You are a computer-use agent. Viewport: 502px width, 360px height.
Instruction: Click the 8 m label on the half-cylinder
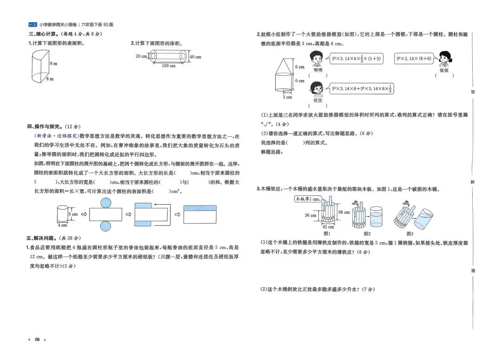pyautogui.click(x=53, y=64)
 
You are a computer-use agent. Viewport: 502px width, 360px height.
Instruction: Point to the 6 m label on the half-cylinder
pyautogui.click(x=50, y=79)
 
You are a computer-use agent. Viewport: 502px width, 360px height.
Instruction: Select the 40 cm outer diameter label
pyautogui.click(x=195, y=57)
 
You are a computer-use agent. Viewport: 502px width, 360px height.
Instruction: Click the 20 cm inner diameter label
pyautogui.click(x=141, y=56)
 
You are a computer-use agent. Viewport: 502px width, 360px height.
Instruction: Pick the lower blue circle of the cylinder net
pyautogui.click(x=105, y=227)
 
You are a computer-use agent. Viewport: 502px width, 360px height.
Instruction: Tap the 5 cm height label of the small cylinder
pyautogui.click(x=73, y=214)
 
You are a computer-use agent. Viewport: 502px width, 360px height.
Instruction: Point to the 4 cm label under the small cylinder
pyautogui.click(x=62, y=225)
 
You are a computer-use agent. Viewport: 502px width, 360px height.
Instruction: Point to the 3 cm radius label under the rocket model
pyautogui.click(x=288, y=97)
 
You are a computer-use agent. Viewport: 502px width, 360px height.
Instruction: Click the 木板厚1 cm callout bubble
pyautogui.click(x=309, y=199)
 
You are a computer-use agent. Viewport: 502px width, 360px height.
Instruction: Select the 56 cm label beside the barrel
pyautogui.click(x=344, y=212)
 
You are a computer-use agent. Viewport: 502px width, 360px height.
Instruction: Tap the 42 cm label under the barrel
pyautogui.click(x=328, y=227)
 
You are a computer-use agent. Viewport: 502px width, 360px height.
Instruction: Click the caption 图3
pyautogui.click(x=410, y=233)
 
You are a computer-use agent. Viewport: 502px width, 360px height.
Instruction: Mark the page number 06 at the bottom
pyautogui.click(x=38, y=340)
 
